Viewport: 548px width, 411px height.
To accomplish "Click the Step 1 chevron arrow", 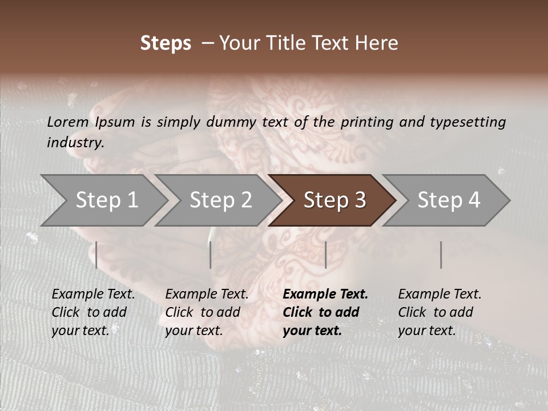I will click(106, 200).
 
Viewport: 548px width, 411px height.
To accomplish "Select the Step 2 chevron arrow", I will click(220, 200).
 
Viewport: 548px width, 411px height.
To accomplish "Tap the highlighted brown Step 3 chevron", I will click(334, 200).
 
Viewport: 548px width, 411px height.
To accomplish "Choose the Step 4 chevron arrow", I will click(448, 200).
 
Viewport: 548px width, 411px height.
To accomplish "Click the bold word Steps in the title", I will click(166, 43).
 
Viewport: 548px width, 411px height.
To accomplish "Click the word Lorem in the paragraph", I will click(68, 122).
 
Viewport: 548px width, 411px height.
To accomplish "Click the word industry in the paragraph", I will click(75, 143).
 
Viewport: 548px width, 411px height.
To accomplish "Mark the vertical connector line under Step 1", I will click(96, 255).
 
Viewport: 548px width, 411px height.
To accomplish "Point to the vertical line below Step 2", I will click(211, 255).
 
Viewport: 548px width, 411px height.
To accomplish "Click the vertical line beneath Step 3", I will click(325, 255).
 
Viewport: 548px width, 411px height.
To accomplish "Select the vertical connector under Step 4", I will click(441, 255).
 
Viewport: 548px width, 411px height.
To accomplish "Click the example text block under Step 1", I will click(93, 312).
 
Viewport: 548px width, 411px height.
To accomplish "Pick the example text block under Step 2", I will click(207, 312).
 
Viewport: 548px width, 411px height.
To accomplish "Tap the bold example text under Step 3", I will click(325, 312).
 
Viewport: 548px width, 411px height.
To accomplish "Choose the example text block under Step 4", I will click(440, 312).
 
